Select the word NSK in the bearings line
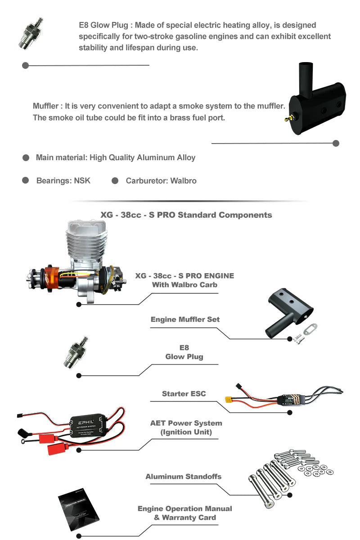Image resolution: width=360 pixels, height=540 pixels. click(82, 180)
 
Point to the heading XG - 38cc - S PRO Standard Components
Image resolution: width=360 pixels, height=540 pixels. click(186, 215)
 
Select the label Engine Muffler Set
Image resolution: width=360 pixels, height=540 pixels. click(185, 319)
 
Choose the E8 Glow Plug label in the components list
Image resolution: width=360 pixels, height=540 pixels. click(184, 352)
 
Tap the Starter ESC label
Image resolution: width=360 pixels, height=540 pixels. click(184, 393)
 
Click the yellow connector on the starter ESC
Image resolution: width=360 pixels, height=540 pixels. click(229, 399)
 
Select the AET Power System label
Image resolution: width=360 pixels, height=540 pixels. click(186, 427)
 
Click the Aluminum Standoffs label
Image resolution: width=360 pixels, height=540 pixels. click(183, 476)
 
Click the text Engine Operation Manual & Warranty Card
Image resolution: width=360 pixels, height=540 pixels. click(185, 513)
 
